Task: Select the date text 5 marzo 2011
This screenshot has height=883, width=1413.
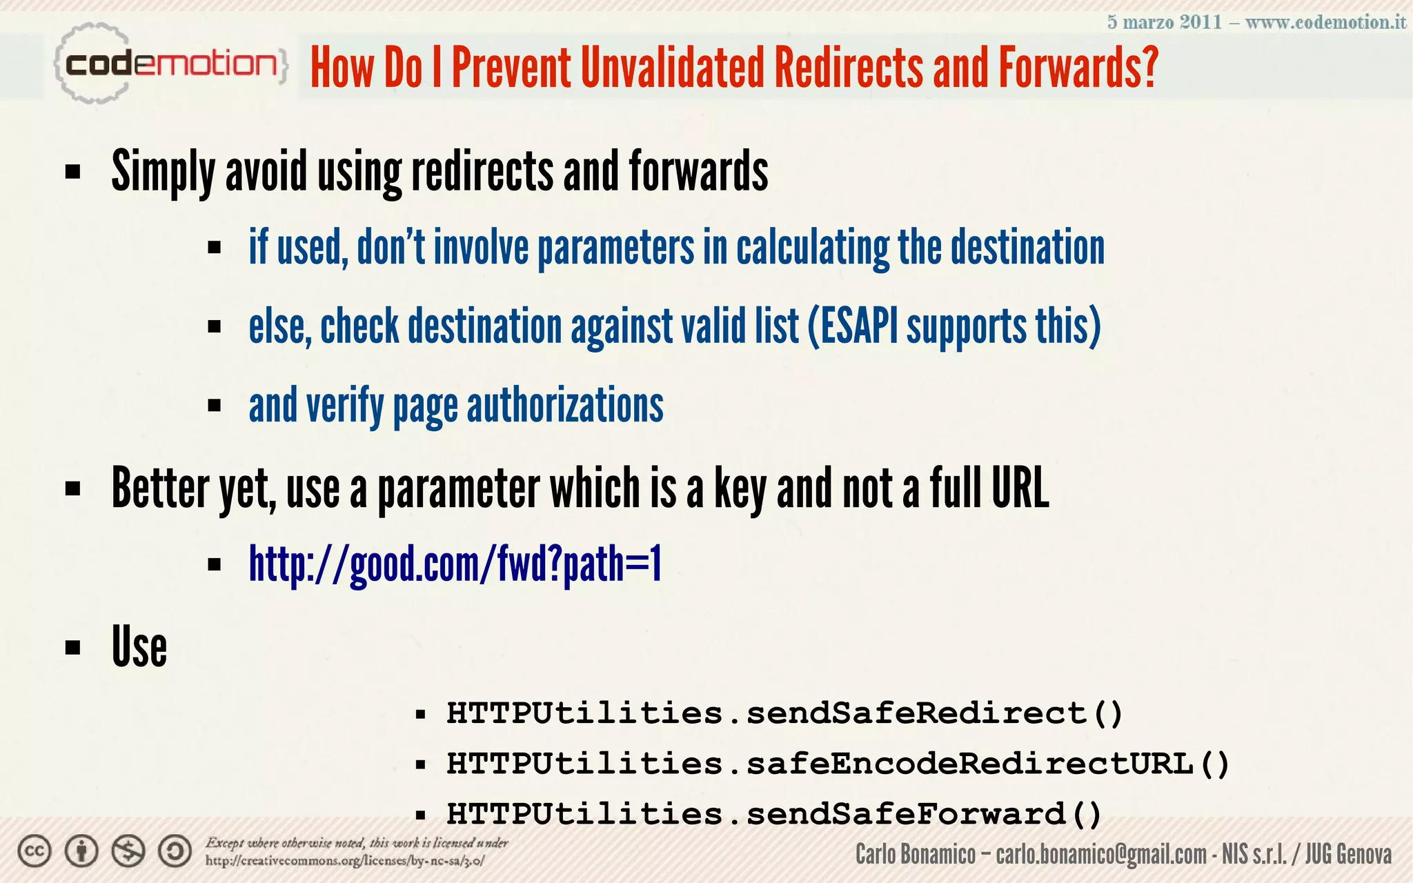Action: click(x=1164, y=22)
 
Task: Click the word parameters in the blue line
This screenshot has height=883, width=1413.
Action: click(x=615, y=248)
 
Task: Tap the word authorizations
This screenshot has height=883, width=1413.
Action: click(x=565, y=406)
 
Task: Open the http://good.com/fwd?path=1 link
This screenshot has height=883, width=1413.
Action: click(x=455, y=564)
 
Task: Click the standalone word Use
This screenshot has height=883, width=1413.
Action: click(x=139, y=647)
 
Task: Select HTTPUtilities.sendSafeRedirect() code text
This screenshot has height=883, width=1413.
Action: click(x=784, y=713)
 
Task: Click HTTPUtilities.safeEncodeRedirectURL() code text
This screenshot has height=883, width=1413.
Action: click(x=838, y=764)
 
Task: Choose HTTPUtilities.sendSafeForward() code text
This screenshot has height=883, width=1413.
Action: click(x=773, y=814)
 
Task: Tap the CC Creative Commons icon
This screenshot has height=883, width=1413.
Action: click(x=34, y=851)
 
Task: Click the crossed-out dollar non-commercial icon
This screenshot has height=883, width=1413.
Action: click(x=128, y=851)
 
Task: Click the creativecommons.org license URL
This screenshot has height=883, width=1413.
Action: click(x=345, y=861)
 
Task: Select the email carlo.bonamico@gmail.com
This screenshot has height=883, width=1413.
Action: click(x=1101, y=855)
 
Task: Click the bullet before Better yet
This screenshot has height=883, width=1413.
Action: click(x=73, y=489)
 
